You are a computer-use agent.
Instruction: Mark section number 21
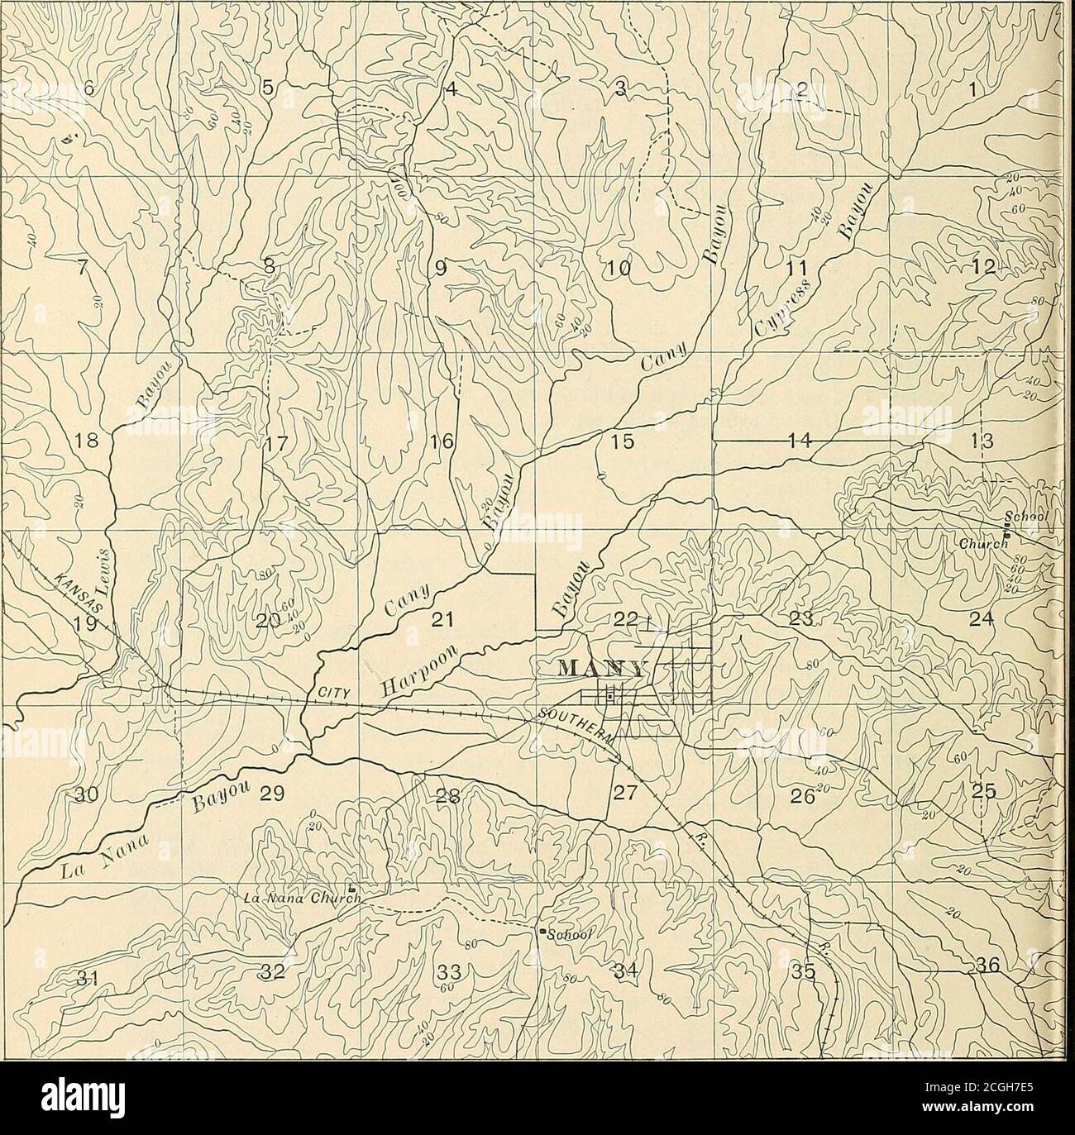[x=447, y=619]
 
